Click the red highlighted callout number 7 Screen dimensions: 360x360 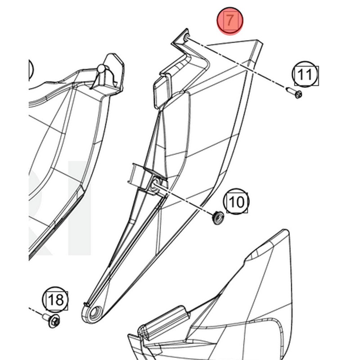coord(229,21)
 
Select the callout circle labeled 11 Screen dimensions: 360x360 coord(305,74)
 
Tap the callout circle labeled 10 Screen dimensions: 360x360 coord(236,201)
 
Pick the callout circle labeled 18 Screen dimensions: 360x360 coord(55,300)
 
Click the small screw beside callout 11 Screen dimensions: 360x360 coord(294,93)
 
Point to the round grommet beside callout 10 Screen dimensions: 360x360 coord(218,218)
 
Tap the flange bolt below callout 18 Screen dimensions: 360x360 coord(52,320)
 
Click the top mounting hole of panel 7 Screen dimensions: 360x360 coord(186,38)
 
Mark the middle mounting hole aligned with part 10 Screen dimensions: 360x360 coord(154,184)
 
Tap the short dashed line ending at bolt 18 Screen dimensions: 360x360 coord(36,310)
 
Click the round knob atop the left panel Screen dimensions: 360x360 coord(101,69)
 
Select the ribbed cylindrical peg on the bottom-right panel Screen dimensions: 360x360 coord(164,322)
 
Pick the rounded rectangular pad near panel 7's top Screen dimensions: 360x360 coord(162,91)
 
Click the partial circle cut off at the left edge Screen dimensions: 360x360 coord(31,69)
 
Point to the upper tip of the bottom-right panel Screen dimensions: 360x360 coord(285,230)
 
